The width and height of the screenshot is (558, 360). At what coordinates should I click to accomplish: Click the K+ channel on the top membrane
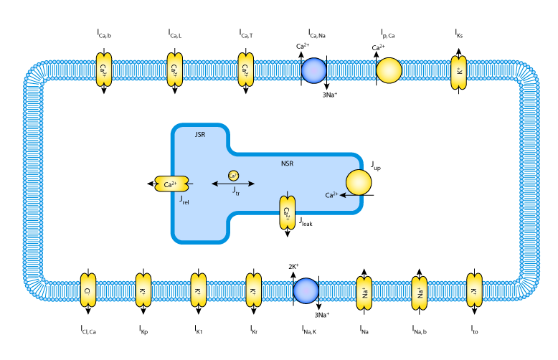coord(459,72)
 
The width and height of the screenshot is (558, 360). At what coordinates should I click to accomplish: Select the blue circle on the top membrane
coord(313,71)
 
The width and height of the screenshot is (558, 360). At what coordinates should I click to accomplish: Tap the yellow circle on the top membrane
coord(389,70)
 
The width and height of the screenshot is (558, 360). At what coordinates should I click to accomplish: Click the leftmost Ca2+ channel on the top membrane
coord(104,70)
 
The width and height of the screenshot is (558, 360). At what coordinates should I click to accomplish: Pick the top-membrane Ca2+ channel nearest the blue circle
coord(245,70)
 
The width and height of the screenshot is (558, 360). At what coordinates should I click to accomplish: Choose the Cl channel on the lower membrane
coord(88,290)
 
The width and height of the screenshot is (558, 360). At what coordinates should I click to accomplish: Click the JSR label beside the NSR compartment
coord(200,134)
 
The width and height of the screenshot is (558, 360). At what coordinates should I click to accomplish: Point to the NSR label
coord(287,164)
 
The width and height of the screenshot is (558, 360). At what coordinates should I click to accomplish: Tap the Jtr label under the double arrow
coord(236,191)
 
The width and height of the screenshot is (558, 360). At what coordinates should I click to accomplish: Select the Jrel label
coord(184,200)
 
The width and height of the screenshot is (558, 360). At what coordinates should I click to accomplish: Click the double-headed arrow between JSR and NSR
coord(232,184)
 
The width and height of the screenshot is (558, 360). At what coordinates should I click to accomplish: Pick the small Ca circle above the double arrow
coord(233,176)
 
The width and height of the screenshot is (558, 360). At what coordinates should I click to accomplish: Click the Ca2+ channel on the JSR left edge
coord(171,184)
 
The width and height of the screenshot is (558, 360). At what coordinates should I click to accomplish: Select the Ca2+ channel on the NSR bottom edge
coord(287,213)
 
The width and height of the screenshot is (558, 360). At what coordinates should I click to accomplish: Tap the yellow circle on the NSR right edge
coord(359,182)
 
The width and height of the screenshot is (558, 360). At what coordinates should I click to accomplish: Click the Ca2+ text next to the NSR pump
coord(331,195)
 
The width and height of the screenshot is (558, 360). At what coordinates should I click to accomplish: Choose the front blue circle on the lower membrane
coord(306,290)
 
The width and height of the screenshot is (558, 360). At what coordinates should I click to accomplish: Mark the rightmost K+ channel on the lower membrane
coord(474,290)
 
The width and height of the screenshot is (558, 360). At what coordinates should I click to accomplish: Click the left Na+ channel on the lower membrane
coord(364,293)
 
